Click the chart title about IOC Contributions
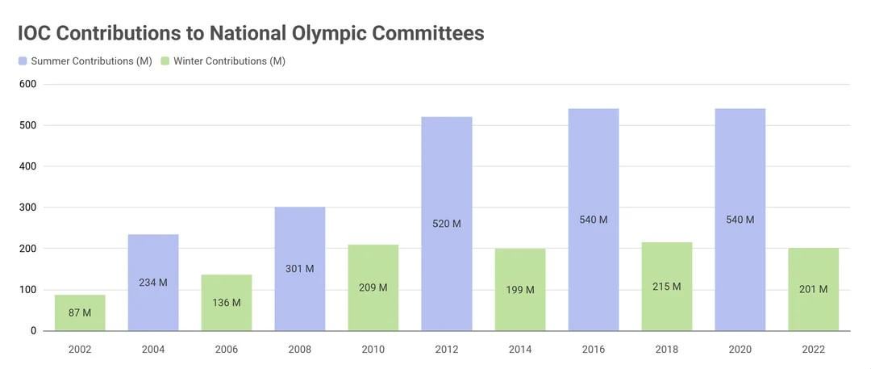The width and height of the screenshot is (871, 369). click(251, 33)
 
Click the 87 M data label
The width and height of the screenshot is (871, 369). click(80, 312)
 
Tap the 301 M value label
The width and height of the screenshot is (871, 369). click(300, 269)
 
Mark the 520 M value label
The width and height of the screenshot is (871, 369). click(447, 224)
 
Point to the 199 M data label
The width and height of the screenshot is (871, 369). click(520, 289)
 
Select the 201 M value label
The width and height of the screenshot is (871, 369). click(814, 289)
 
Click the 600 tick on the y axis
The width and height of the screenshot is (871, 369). click(28, 84)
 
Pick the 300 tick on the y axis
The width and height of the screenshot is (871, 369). click(28, 208)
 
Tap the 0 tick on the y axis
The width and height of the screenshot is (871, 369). click(33, 331)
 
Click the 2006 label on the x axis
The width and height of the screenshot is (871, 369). click(227, 350)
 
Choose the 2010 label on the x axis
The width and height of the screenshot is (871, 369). click(373, 350)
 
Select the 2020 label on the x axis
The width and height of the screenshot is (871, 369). click(740, 350)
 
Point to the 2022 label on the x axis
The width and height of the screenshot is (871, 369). click(814, 350)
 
